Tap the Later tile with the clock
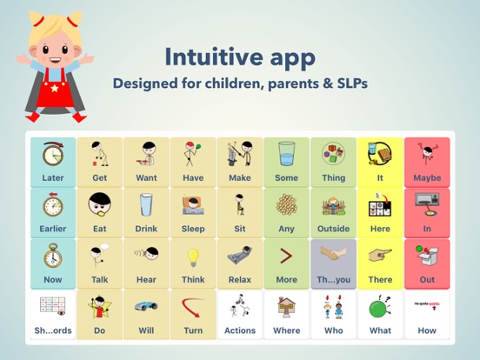pyautogui.click(x=53, y=163)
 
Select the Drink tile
pyautogui.click(x=146, y=213)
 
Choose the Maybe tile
pyautogui.click(x=427, y=163)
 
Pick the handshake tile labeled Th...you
pyautogui.click(x=333, y=263)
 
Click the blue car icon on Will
pyautogui.click(x=146, y=306)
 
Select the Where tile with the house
pyautogui.click(x=286, y=315)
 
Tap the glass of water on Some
pyautogui.click(x=286, y=154)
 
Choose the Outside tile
pyautogui.click(x=333, y=213)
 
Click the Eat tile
pyautogui.click(x=99, y=213)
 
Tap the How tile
pyautogui.click(x=427, y=315)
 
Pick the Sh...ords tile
pyautogui.click(x=53, y=315)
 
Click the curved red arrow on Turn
pyautogui.click(x=193, y=306)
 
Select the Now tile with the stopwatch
pyautogui.click(x=53, y=263)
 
